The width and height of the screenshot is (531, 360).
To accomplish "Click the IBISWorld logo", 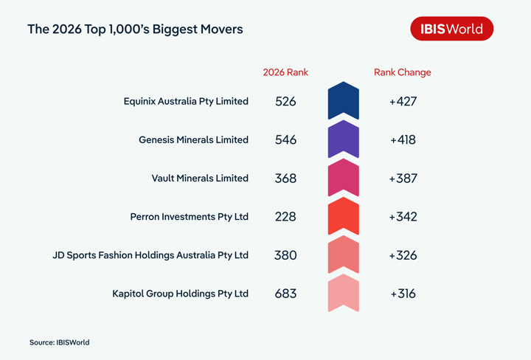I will point(451,29).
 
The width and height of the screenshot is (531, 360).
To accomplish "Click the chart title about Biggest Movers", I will point(135,30).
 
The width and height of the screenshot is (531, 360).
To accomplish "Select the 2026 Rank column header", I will point(285,72).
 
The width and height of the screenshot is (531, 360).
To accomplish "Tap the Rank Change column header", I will point(403,72).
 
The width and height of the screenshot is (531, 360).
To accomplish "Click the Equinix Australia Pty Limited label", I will point(186,101).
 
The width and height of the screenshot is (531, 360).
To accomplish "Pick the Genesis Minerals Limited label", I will point(193,139).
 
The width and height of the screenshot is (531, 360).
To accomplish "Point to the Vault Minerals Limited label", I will point(200,178).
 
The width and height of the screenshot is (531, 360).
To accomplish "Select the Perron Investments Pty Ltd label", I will point(189,217).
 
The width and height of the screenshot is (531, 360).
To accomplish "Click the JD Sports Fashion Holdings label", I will point(150,255).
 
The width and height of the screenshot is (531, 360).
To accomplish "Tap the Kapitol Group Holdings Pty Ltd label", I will point(180,294).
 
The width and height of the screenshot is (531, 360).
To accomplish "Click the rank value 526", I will point(285,101).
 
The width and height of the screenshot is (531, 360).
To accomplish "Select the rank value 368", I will point(285,178).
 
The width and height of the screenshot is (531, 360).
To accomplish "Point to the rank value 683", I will point(285,294).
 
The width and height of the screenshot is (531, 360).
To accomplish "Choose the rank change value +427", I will point(403,101).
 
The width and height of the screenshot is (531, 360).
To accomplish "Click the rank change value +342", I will point(403,217).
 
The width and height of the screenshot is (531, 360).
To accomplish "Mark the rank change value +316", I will point(403,294).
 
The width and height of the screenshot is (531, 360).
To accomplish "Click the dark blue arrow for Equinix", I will point(343,101).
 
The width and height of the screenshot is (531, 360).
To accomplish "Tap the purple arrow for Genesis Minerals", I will point(343,139).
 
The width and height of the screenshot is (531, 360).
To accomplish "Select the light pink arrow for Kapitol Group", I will point(343,294).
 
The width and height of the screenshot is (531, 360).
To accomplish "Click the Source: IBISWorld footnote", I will point(60,342).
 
